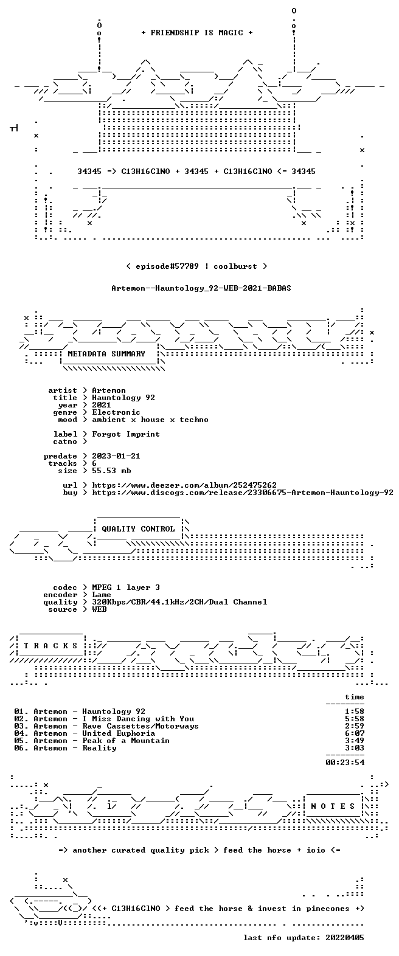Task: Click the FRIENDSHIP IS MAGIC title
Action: coord(197,33)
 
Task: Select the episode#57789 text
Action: coord(167,266)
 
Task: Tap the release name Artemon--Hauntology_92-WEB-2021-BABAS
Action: coord(201,288)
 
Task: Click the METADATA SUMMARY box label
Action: coord(106,354)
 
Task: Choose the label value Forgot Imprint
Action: coord(126,434)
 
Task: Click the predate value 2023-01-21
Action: coord(116,456)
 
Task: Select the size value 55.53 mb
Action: coord(111,471)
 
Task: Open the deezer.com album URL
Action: coord(184,485)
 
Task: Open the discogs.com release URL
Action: coord(243,493)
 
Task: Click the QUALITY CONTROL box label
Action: coord(138,529)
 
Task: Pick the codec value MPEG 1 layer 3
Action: coord(126,587)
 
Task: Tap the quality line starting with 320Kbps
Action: coord(179,602)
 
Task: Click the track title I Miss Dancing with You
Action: coord(138,719)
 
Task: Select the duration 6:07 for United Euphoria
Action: coord(355,733)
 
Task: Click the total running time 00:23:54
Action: coord(345,762)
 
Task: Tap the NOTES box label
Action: coord(333,806)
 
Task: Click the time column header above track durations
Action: coord(355,697)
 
